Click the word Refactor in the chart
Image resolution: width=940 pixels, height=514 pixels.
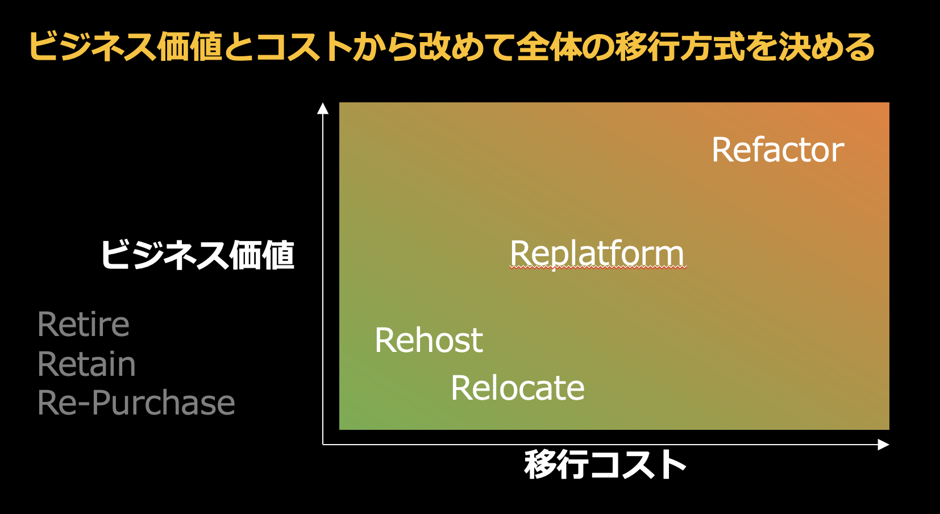pos(777,150)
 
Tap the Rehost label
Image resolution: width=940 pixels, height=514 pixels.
pos(429,341)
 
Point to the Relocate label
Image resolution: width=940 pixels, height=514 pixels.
pos(517,388)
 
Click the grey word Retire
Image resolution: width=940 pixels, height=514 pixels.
pos(84,325)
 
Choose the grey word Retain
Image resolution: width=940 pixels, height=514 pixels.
pos(86,364)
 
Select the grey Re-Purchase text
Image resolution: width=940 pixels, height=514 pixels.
pos(136,403)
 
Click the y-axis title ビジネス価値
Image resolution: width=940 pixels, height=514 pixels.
pos(197,255)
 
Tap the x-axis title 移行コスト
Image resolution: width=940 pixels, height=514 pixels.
pos(605,465)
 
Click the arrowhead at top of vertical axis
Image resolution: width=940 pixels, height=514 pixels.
pos(323,108)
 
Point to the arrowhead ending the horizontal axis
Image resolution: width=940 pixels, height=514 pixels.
pos(883,445)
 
